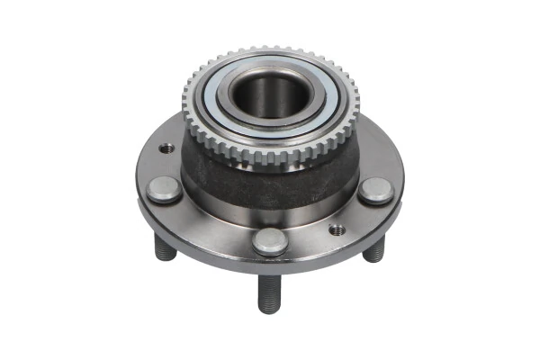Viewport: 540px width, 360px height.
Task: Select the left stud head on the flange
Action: (x=165, y=189)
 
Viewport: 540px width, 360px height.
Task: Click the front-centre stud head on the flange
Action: (x=269, y=240)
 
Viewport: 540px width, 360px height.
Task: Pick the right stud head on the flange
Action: (x=375, y=191)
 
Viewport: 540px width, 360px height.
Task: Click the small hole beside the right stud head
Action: (x=337, y=229)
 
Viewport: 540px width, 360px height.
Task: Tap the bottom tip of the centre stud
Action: (x=270, y=310)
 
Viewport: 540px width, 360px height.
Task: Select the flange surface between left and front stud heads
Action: (x=211, y=225)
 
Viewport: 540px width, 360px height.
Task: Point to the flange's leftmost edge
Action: (x=138, y=193)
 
